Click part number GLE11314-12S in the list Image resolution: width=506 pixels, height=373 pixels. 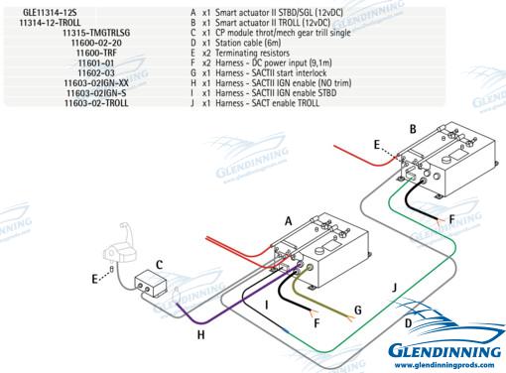(50, 13)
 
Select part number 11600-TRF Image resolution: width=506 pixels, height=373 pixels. (96, 53)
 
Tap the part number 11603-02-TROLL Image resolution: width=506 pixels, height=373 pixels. (96, 103)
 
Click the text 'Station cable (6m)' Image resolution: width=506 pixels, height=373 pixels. (248, 43)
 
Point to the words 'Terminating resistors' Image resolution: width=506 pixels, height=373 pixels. (252, 53)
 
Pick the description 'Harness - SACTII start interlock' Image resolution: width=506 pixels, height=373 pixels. (271, 73)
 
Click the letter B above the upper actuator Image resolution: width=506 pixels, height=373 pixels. (413, 129)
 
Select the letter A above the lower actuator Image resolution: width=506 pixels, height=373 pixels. (289, 221)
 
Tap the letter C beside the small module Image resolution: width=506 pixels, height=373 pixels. (159, 265)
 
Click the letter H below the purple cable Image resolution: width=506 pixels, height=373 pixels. (200, 335)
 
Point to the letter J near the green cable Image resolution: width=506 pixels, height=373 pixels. (394, 288)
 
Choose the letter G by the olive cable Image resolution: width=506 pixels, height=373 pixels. (358, 311)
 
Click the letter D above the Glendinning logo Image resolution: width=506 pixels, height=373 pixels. (409, 323)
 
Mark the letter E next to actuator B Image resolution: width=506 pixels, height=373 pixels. (377, 145)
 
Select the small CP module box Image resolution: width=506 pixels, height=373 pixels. (150, 284)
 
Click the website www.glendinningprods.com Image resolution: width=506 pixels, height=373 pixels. (444, 365)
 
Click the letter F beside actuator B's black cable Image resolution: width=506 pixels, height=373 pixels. (451, 219)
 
